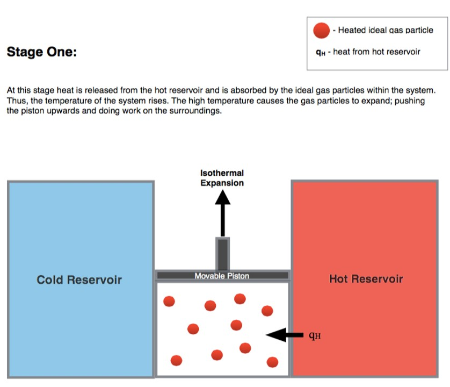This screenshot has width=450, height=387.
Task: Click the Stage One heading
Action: (x=41, y=52)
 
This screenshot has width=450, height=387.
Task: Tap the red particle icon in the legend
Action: (x=322, y=30)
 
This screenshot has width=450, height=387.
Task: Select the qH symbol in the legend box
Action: (x=321, y=52)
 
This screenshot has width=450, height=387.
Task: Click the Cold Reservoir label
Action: (x=79, y=279)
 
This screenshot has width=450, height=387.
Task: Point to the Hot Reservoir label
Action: (x=366, y=278)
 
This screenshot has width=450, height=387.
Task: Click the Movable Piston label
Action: (x=222, y=276)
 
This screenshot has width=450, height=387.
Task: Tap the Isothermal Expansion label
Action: (x=222, y=178)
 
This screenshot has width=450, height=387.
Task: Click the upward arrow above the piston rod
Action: (x=223, y=213)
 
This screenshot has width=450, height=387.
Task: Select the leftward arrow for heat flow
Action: (x=285, y=335)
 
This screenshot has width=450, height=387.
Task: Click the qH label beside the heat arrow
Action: (x=315, y=335)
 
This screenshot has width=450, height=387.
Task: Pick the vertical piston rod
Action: (x=223, y=254)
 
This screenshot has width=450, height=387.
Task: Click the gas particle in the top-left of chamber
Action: (x=169, y=302)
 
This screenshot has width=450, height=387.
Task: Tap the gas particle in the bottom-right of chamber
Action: (x=272, y=362)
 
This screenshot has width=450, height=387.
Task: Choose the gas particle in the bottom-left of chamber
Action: (x=176, y=360)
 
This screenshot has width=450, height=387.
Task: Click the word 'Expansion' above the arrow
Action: (x=222, y=183)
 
